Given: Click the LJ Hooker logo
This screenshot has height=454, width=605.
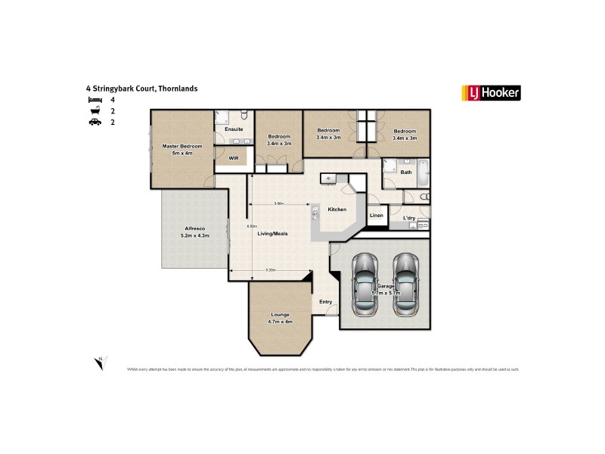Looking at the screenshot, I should tap(490, 93).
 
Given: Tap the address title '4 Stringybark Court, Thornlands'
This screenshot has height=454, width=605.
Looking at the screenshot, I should tap(142, 89).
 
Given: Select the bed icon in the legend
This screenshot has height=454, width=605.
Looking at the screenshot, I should tap(94, 100).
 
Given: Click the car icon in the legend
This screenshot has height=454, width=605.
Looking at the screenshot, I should tap(94, 121).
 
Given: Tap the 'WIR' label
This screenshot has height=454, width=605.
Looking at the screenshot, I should tap(233, 159).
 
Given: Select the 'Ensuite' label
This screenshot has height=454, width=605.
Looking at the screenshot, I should tap(234, 130).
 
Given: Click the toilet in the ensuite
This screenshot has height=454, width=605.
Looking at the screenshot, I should tap(244, 116).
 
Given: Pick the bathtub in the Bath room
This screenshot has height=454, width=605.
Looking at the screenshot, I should tap(421, 173).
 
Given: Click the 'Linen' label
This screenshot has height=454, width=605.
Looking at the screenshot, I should tap(376, 216).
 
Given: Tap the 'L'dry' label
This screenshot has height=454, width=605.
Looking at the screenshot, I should tap(409, 218).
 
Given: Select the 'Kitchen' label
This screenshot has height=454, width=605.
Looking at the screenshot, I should tap(337, 210).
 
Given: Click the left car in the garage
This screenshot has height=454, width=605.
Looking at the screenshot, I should tap(365, 283).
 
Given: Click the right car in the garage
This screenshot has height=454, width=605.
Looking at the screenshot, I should tap(405, 283).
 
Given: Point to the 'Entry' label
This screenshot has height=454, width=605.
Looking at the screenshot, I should tap(326, 302).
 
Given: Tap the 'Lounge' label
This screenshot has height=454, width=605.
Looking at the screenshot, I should tap(280, 315).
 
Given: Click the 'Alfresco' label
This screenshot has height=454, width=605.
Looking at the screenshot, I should tap(194, 229).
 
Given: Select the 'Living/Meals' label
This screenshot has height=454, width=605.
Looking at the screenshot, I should tap(273, 235).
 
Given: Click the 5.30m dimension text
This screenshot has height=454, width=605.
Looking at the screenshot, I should tap(269, 270).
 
